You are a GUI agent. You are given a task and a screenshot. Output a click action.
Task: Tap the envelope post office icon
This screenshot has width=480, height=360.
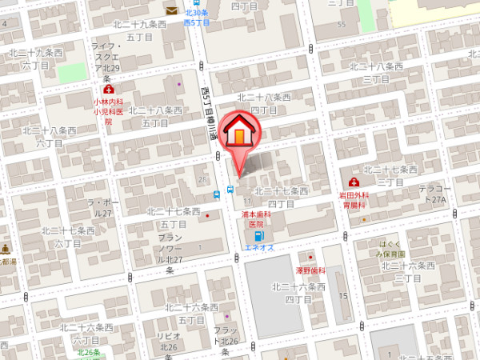(172, 10)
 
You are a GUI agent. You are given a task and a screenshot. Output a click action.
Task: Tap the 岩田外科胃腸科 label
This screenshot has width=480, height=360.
(353, 199)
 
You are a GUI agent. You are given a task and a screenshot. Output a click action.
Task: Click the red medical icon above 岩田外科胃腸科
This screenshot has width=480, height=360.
(353, 183)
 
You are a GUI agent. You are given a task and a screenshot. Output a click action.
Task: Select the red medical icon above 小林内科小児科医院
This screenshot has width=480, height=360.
(108, 91)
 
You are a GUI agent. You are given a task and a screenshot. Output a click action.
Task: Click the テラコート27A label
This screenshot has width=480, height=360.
(436, 193)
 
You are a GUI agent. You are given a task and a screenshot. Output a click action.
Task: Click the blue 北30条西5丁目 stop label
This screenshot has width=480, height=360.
(196, 18)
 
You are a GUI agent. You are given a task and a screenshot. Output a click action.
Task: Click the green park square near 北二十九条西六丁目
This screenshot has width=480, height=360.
(71, 71)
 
